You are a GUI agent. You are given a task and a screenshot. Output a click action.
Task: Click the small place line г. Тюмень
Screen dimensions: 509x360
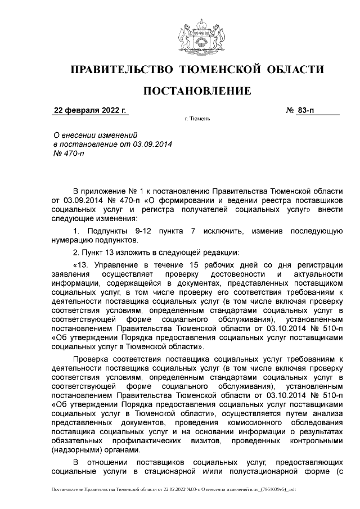(197, 120)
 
